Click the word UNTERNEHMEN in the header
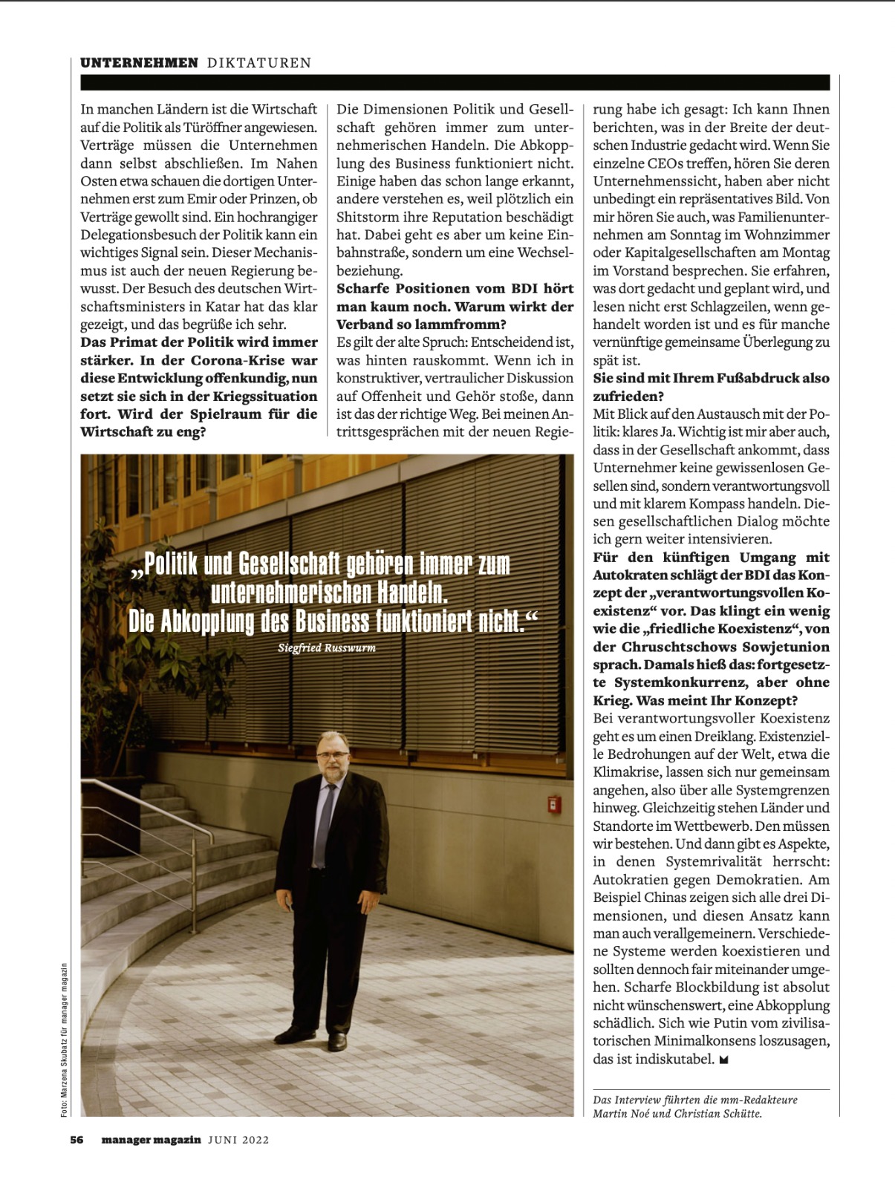click(x=139, y=63)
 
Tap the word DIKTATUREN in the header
click(x=259, y=63)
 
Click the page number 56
click(x=77, y=1140)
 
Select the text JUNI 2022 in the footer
click(x=238, y=1140)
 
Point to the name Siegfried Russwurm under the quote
click(x=327, y=648)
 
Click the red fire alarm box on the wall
click(x=553, y=804)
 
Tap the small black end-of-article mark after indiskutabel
click(x=724, y=1060)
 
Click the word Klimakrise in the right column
click(x=626, y=772)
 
